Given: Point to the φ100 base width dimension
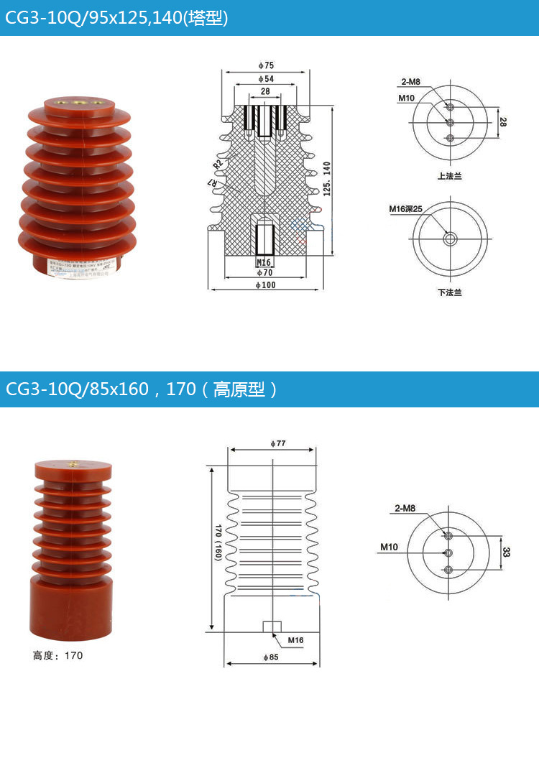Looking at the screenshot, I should click(x=264, y=285).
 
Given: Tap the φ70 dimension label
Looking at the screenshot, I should click(x=264, y=273).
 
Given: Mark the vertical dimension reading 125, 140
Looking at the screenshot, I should click(x=328, y=178).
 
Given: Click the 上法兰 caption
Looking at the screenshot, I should click(x=449, y=176).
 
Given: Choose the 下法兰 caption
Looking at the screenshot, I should click(x=449, y=292).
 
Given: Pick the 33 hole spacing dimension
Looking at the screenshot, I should click(x=506, y=552).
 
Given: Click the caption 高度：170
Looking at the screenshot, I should click(x=57, y=655).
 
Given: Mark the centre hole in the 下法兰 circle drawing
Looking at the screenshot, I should click(x=450, y=239).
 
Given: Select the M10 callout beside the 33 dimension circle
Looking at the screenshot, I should click(x=389, y=547).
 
